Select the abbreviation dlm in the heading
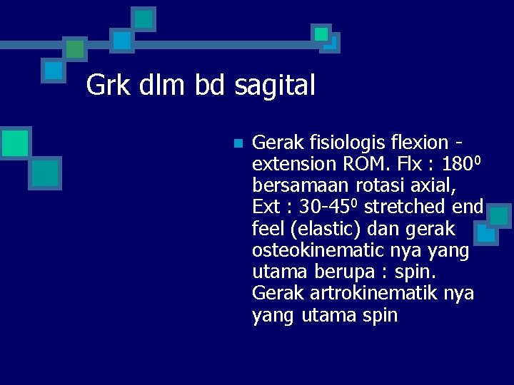pyautogui.click(x=159, y=86)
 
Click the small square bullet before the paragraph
pyautogui.click(x=238, y=143)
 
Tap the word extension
pyautogui.click(x=293, y=164)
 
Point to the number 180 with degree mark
pyautogui.click(x=463, y=164)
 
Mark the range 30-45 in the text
pyautogui.click(x=328, y=207)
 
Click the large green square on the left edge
pyautogui.click(x=15, y=142)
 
